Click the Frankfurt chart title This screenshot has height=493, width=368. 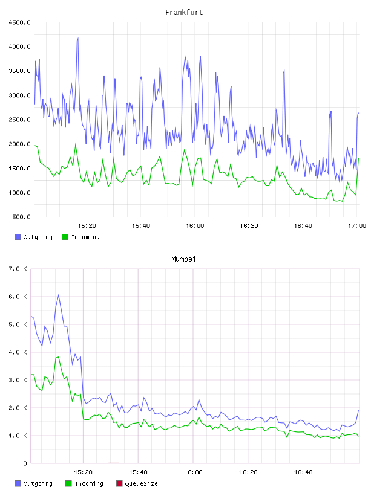184,13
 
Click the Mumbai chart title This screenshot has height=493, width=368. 183,259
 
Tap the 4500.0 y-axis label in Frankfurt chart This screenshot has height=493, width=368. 19,22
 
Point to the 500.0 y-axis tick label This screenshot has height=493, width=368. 21,217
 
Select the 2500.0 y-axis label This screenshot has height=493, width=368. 19,120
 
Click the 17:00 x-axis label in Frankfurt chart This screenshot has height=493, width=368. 356,226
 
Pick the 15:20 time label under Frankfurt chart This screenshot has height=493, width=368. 87,226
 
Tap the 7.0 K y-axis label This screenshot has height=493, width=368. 18,269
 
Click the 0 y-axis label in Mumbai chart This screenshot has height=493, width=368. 25,463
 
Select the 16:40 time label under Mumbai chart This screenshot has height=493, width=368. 303,472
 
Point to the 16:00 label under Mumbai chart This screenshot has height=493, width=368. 193,472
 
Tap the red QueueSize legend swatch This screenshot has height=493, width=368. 119,483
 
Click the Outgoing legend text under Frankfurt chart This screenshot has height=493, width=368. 38,237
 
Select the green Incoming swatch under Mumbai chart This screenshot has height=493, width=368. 68,483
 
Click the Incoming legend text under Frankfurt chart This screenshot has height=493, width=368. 85,237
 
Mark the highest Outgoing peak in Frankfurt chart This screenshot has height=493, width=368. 78,38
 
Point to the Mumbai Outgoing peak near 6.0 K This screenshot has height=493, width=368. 59,295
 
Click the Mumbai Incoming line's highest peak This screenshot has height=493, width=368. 58,357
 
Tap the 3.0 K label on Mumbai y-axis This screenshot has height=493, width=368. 18,380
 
